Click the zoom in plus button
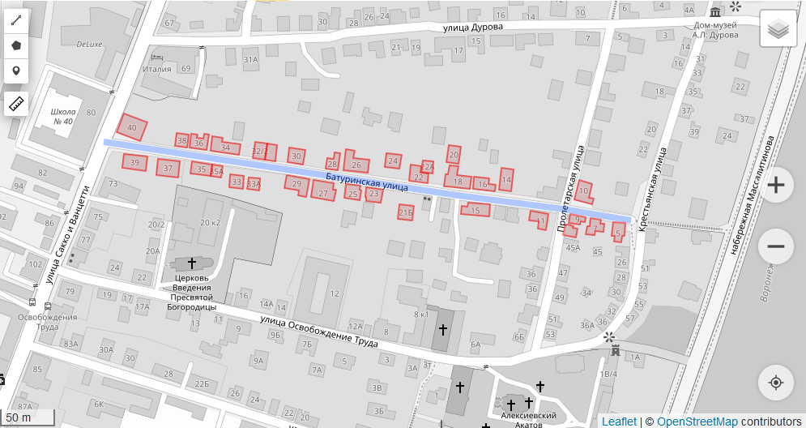775,185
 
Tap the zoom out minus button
775,246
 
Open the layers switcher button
778,31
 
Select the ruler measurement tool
16,104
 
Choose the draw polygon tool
16,46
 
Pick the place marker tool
16,71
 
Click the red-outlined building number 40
132,127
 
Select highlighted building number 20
454,154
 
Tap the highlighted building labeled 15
475,211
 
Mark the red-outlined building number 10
584,191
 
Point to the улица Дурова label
473,27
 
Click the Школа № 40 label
63,116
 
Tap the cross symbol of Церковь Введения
192,263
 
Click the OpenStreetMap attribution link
697,422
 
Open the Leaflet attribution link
619,422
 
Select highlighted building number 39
134,163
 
